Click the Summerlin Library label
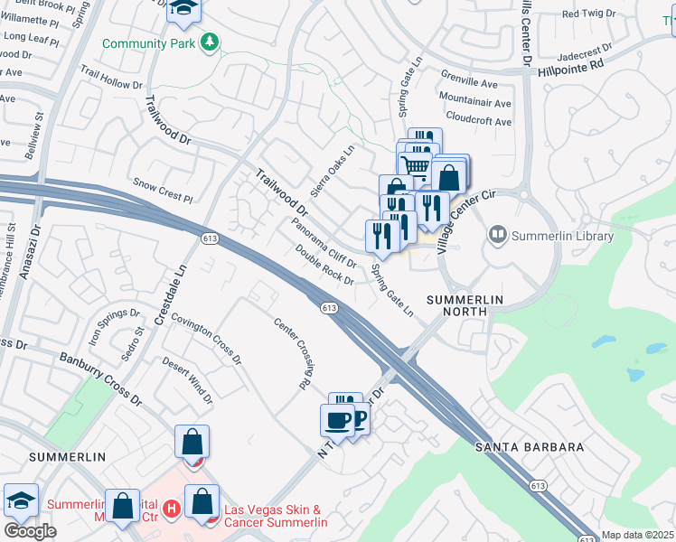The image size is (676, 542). point(561,237)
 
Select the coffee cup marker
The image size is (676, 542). point(338,419)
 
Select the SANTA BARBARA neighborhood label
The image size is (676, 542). point(530,447)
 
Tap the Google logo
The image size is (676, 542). point(30,530)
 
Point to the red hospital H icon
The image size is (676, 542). point(171,510)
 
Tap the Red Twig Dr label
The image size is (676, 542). point(587,14)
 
